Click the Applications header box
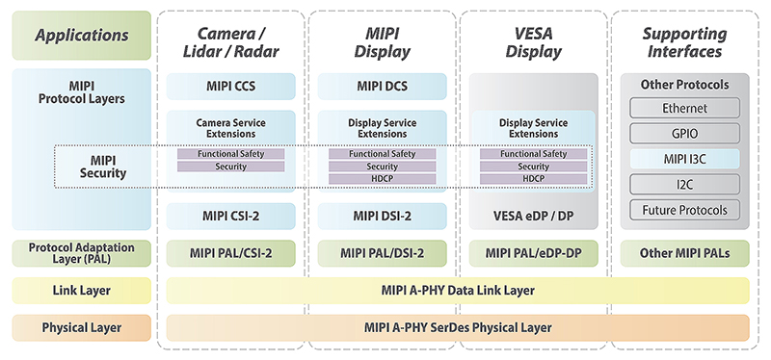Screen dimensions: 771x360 coord(82,36)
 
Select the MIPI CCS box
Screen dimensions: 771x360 coord(230,87)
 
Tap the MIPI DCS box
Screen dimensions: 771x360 coord(382,87)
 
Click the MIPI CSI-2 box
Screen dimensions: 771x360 coord(230,217)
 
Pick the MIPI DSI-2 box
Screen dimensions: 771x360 coord(382,217)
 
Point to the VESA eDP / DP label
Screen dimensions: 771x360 coord(534,217)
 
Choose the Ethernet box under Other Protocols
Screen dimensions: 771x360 coord(684,108)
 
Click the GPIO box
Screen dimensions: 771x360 coord(684,134)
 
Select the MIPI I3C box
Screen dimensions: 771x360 coord(684,159)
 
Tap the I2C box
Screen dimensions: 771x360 coord(684,185)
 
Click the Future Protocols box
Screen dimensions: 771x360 coord(684,210)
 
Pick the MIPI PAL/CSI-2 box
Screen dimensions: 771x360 coord(230,253)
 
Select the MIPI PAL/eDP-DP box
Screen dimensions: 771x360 coord(534,253)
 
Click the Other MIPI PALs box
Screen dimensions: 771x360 coord(684,253)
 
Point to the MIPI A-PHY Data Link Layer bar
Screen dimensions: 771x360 coord(458,291)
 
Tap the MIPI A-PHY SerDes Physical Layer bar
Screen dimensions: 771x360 coord(458,327)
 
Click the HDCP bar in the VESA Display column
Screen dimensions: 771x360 coord(534,179)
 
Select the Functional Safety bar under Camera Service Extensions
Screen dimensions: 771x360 coord(230,154)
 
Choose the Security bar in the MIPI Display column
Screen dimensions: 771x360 coord(382,167)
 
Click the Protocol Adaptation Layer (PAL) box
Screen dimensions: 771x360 coord(82,253)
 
